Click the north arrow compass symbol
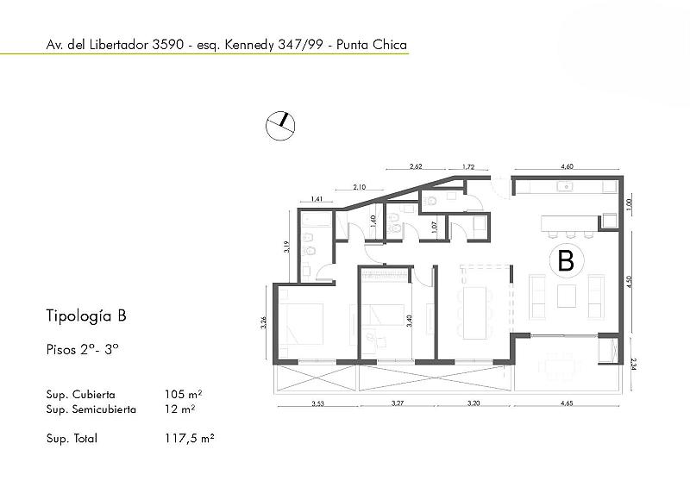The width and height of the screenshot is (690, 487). pyautogui.click(x=280, y=125)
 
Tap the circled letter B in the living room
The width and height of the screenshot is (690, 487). pyautogui.click(x=566, y=260)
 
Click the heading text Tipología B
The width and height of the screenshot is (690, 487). pyautogui.click(x=86, y=315)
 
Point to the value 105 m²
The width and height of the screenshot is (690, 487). pyautogui.click(x=183, y=394)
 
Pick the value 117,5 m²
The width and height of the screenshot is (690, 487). pyautogui.click(x=189, y=438)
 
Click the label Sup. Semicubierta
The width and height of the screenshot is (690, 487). pyautogui.click(x=91, y=409)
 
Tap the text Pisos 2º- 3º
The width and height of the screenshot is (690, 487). pyautogui.click(x=82, y=351)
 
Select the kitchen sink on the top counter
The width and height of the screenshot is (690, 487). pyautogui.click(x=567, y=185)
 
